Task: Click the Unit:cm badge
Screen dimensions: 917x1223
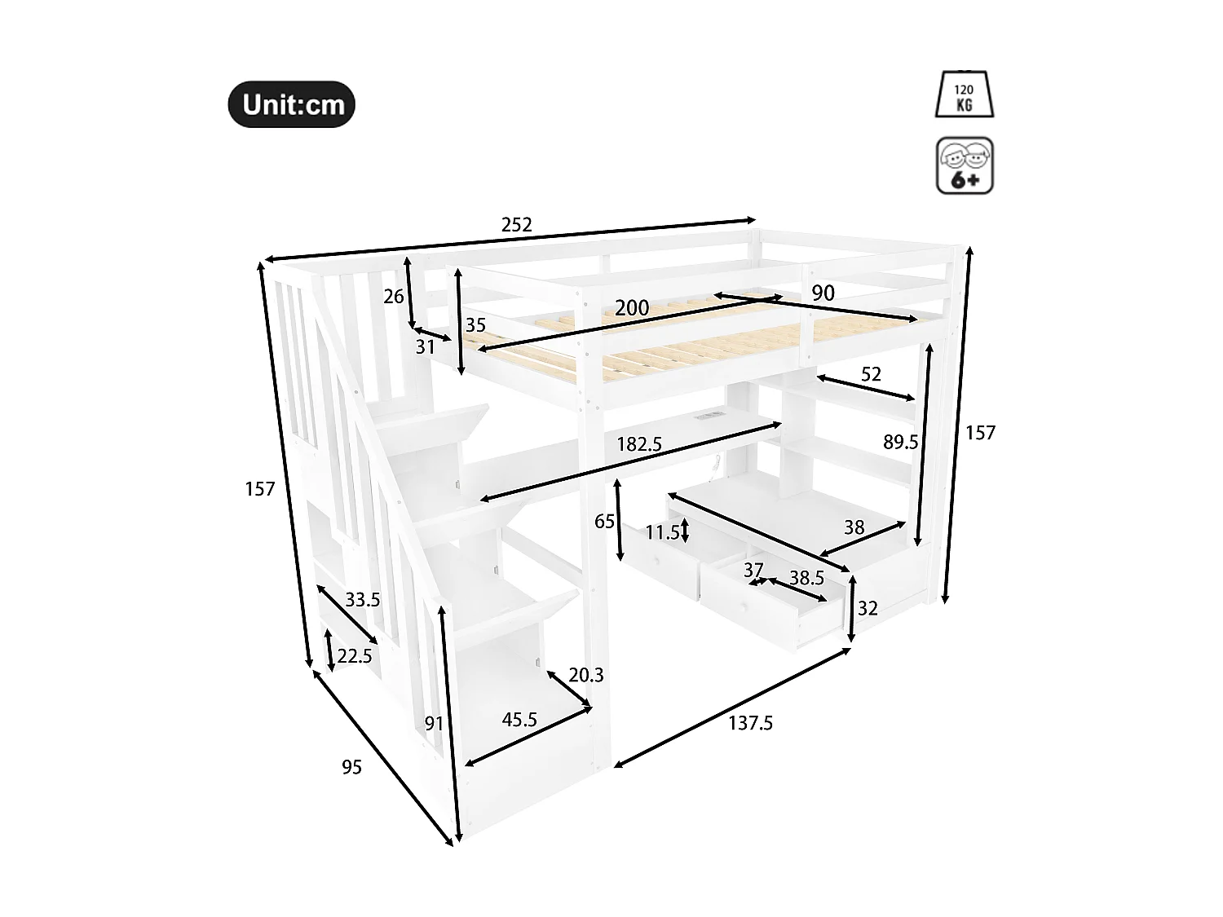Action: [x=292, y=104]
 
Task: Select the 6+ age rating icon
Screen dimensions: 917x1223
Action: [x=965, y=165]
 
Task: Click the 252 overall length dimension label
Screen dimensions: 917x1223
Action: [x=517, y=225]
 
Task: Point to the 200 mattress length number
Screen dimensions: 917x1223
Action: [x=632, y=308]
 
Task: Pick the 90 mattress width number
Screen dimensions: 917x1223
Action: [x=823, y=293]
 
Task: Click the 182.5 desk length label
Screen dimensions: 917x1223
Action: [x=639, y=444]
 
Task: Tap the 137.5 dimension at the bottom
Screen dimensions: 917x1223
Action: [x=750, y=723]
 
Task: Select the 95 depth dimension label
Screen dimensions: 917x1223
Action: [x=351, y=767]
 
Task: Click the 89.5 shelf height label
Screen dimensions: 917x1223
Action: [x=900, y=443]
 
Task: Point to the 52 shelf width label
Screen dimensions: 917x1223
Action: [x=871, y=374]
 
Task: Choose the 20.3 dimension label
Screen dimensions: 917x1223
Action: [x=586, y=675]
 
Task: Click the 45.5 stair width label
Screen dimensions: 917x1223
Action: [x=519, y=720]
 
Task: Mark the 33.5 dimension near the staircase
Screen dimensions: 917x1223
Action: [x=362, y=601]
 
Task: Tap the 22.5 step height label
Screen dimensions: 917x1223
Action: [x=355, y=656]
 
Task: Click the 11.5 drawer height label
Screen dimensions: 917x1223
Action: [x=662, y=533]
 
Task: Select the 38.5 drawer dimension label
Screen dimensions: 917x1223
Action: [x=806, y=578]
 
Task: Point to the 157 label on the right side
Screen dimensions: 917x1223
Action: [x=980, y=433]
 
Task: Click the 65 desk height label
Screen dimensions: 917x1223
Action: [x=604, y=522]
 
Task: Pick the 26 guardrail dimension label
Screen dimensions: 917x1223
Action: [x=394, y=297]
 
